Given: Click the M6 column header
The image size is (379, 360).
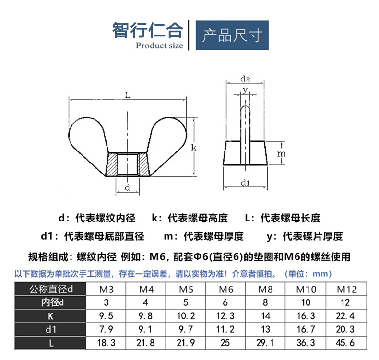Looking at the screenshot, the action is (226, 289).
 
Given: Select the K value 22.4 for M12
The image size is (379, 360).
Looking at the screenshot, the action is (345, 316).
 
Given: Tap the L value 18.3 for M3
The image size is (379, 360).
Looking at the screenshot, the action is (106, 343).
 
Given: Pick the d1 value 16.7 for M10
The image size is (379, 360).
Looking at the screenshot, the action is (306, 329).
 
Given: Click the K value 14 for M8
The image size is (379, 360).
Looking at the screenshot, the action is (265, 316).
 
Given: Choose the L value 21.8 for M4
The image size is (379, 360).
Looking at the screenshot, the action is (145, 343).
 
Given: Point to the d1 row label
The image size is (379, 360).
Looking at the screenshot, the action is (50, 329).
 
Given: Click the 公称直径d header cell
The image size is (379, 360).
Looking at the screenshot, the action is (51, 289).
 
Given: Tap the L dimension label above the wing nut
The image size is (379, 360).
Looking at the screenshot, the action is (128, 95).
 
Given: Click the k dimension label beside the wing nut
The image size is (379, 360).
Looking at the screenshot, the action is (194, 147).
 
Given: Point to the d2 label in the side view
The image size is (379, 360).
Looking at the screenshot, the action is (245, 79).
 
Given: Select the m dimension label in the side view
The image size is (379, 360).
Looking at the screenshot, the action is (281, 153).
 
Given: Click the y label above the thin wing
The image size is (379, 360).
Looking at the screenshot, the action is (245, 90).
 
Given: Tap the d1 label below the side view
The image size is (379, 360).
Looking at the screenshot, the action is (245, 183).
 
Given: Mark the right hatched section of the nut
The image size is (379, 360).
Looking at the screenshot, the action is (143, 164).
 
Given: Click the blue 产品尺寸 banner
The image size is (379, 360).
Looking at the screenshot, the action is (232, 35).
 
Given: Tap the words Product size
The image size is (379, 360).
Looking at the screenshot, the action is (159, 46).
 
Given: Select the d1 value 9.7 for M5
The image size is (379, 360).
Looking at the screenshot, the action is (186, 329).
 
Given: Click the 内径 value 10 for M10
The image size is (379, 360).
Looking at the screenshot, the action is (306, 302).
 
